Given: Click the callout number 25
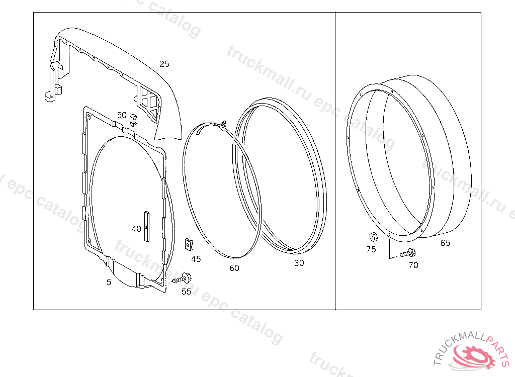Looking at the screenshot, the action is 164,64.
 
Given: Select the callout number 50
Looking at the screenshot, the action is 122,115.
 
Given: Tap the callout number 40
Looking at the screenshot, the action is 136,229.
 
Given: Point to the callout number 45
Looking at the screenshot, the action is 196,259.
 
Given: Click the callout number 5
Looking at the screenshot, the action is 109,282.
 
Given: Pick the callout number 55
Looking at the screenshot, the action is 186,291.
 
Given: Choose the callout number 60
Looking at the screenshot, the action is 234,268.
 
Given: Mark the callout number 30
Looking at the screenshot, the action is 299,263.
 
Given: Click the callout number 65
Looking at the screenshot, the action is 445,243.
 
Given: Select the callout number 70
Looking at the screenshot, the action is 413,265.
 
